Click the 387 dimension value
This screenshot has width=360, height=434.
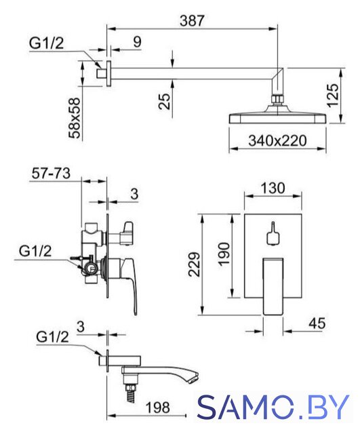point(192,20)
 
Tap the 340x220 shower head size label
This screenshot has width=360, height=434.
point(277,140)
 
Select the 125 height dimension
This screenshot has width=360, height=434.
point(333,95)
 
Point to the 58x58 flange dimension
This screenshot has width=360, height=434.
point(74,117)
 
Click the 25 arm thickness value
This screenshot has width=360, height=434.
point(164,101)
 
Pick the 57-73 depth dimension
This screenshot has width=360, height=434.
point(51,174)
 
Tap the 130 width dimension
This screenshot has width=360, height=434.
point(273,189)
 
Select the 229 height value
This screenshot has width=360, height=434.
point(195,264)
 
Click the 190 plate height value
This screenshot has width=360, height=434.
point(224,254)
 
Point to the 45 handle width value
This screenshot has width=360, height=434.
point(317,323)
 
